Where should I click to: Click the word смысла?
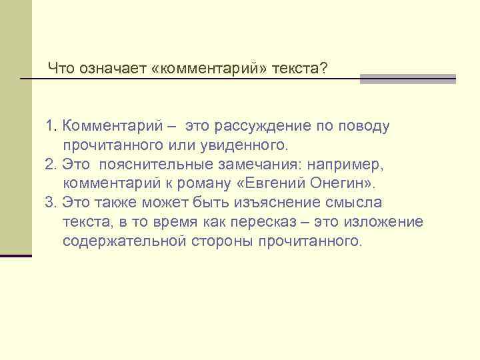pos(358,203)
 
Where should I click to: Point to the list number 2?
pos(50,164)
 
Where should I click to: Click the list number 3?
pos(50,203)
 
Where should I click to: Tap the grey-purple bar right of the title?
pos(407,79)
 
